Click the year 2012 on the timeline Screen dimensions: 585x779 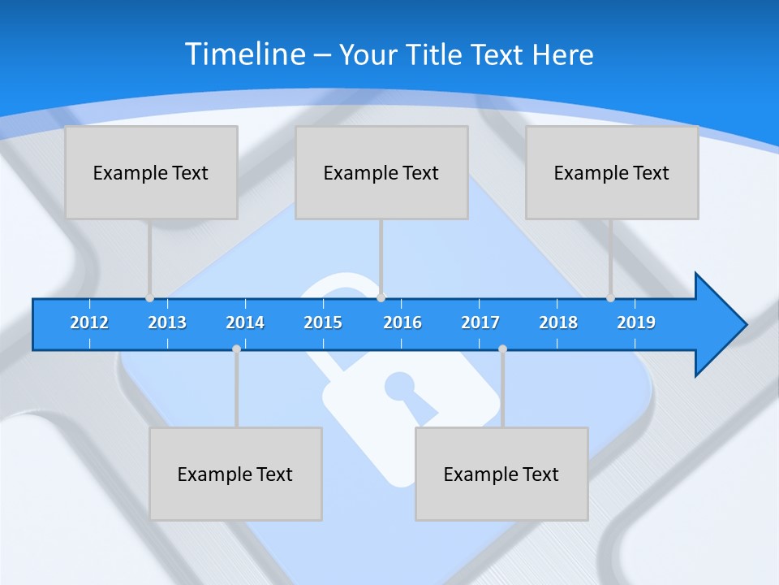click(x=89, y=323)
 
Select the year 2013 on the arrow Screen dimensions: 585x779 click(x=167, y=323)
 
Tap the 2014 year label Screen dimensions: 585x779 click(x=245, y=323)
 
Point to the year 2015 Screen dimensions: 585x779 click(x=323, y=323)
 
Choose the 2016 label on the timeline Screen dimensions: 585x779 click(x=402, y=323)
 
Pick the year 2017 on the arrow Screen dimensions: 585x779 click(x=480, y=323)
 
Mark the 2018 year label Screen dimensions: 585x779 click(x=558, y=323)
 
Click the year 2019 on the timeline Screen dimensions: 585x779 click(x=636, y=323)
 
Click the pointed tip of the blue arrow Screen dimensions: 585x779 click(x=745, y=325)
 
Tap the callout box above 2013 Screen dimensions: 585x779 click(x=151, y=172)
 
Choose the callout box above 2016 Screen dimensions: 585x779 click(x=381, y=172)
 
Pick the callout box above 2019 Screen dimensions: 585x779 click(x=612, y=172)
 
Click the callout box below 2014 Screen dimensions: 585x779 click(x=235, y=474)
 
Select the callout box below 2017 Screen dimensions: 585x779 click(x=501, y=474)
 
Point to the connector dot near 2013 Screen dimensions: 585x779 click(x=149, y=298)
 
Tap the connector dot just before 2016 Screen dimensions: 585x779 click(x=381, y=298)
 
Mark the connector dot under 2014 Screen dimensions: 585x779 click(x=236, y=349)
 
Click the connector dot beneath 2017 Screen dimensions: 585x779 click(x=502, y=349)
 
